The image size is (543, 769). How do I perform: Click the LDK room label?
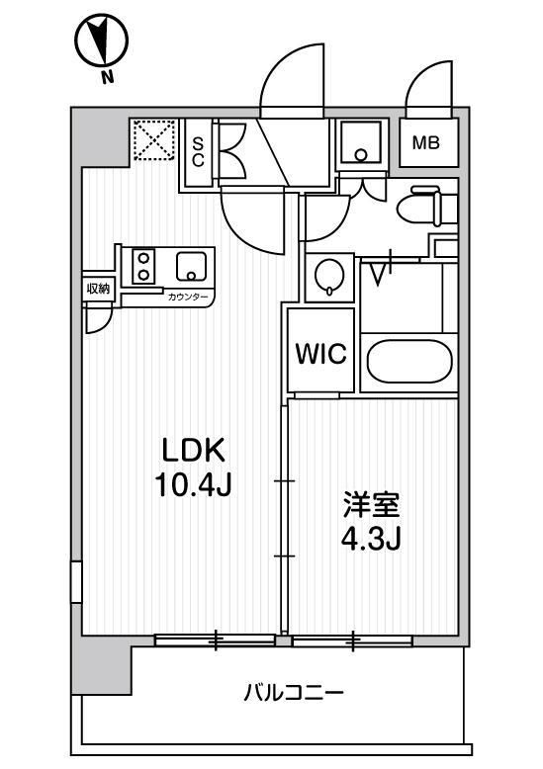click(196, 451)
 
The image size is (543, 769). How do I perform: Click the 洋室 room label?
click(372, 505)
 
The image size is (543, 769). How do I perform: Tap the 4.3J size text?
click(372, 540)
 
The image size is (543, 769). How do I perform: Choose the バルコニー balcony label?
click(295, 693)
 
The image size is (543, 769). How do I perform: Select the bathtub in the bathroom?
click(409, 363)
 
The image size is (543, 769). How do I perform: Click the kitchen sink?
click(189, 266)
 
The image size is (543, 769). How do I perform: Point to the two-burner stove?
click(143, 267)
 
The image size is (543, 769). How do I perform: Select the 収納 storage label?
click(97, 289)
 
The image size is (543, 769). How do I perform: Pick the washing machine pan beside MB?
click(361, 142)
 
